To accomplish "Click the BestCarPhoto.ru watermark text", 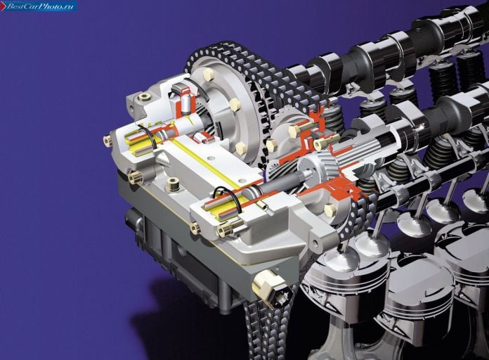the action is [40, 6].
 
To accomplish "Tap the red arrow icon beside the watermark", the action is [3, 6].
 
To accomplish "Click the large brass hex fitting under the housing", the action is [270, 288].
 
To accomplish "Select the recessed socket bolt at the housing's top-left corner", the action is [145, 97].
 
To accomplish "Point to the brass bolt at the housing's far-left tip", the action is [107, 141].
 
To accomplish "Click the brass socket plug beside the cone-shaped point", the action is [172, 184].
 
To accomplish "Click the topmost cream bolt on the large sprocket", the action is [208, 75].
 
